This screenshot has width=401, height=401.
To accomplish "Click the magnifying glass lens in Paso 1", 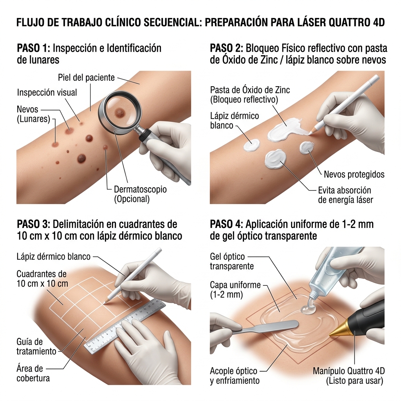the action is pos(119,111).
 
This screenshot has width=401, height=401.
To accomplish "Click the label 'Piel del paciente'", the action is pos(86,78).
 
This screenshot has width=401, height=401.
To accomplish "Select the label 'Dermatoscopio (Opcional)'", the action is pos(140,194).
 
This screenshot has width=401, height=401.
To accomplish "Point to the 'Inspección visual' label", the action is pos(47,92).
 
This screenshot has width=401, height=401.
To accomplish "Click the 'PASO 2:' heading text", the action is pos(226,48).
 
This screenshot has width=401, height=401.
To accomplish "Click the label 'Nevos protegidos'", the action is pos(354,174).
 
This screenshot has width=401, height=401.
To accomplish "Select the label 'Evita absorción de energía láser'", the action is pos(345,195).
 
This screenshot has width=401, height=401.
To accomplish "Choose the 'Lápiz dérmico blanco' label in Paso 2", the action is pos(235,121).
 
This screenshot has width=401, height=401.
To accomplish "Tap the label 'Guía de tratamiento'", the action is pos(36,346).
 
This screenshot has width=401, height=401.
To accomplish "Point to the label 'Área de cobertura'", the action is pos(33,373).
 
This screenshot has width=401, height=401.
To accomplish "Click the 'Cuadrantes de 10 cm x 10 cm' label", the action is pos(42,279).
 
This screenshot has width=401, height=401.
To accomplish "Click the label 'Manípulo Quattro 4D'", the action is pos(349,371).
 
